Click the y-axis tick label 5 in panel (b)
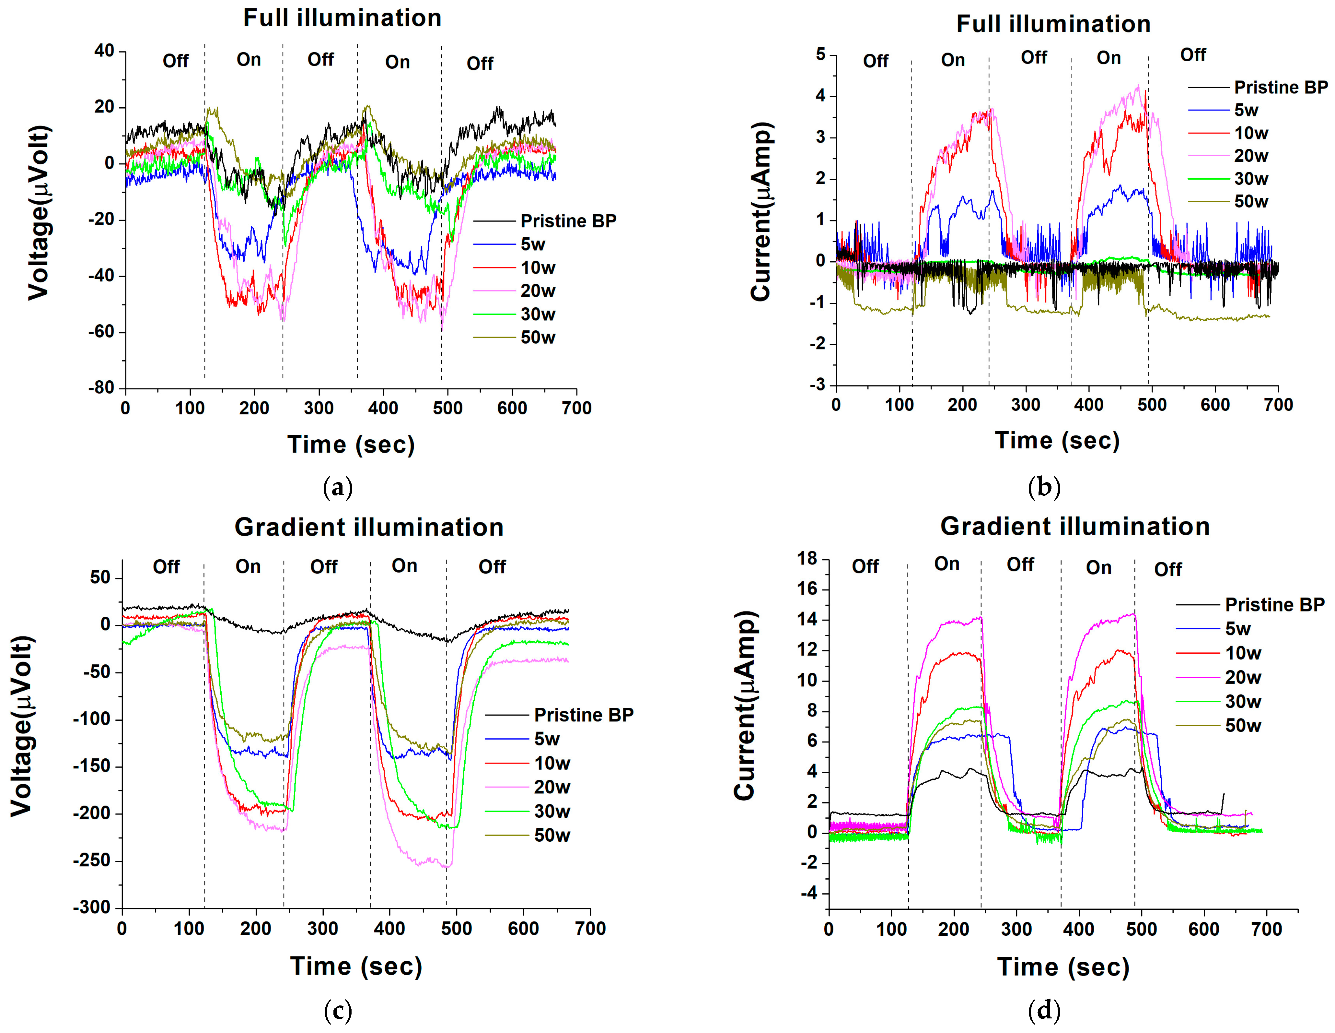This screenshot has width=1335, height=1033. [x=820, y=54]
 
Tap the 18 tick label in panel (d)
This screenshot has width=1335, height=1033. [x=807, y=558]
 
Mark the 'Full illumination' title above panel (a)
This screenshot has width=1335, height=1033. [x=342, y=18]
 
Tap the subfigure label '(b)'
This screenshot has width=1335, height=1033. [x=1044, y=487]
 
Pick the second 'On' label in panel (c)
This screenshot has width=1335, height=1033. [x=405, y=566]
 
